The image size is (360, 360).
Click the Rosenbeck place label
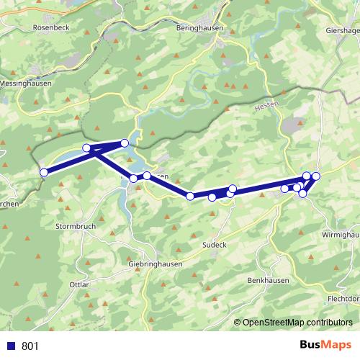click(50, 27)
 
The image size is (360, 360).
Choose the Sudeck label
click(214, 245)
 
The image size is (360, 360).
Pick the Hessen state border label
click(265, 106)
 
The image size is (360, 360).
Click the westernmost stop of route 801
click(44, 172)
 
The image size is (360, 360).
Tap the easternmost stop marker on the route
click(315, 176)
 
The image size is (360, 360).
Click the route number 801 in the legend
click(30, 346)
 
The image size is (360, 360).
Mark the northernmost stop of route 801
click(125, 143)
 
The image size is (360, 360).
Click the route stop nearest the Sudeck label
click(212, 197)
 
